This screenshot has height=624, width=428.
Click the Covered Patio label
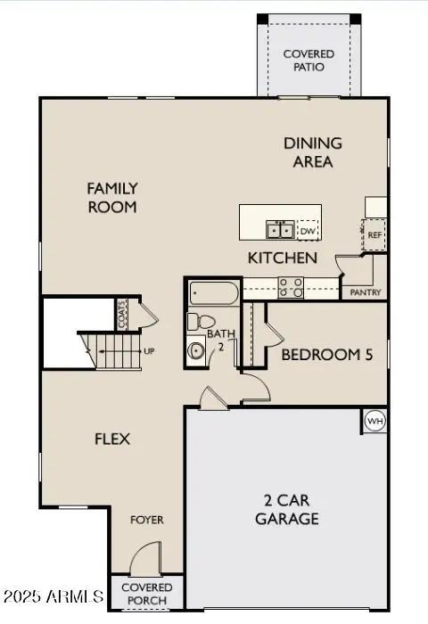(309, 61)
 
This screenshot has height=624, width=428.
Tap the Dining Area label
(313, 152)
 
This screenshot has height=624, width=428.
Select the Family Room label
(112, 197)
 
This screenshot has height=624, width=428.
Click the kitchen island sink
(280, 230)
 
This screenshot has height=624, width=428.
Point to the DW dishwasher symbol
(308, 231)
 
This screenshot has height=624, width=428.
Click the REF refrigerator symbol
(374, 234)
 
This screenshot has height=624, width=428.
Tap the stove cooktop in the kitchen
(291, 287)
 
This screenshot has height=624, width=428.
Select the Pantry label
(365, 292)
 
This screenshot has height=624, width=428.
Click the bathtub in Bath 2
(214, 293)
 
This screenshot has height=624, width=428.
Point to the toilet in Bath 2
(201, 321)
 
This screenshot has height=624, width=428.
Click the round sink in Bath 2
(196, 350)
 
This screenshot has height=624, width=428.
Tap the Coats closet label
(122, 315)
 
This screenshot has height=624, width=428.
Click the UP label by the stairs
(149, 351)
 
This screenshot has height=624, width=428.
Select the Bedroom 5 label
(327, 355)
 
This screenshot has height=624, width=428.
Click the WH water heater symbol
(375, 421)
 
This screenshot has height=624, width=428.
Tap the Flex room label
(112, 439)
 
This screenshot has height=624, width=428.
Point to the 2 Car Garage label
(286, 509)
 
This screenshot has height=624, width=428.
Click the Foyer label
(147, 520)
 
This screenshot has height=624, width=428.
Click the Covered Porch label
(147, 594)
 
